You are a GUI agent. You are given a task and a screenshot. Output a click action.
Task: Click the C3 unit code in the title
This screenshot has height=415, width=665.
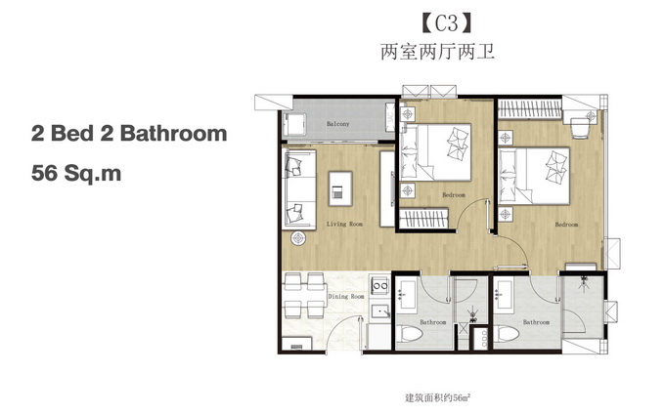[447, 23]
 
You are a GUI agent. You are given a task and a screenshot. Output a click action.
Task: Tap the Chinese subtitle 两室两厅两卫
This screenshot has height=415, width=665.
[437, 52]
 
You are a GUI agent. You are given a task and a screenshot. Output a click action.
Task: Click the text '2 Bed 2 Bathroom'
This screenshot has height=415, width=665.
[129, 134]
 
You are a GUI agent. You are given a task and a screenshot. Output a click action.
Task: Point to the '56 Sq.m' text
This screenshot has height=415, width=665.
[76, 173]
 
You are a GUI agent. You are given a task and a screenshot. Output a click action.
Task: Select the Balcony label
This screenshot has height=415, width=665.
[338, 124]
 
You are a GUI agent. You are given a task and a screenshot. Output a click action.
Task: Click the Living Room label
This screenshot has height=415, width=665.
[344, 224]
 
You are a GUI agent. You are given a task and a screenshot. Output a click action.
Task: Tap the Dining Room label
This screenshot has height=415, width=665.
[346, 297]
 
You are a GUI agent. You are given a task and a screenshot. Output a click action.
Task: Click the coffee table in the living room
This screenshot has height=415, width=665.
[340, 188]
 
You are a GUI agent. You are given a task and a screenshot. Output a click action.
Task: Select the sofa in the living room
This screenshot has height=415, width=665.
[299, 189]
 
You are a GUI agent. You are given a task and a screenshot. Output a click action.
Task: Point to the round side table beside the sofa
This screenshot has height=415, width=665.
[299, 238]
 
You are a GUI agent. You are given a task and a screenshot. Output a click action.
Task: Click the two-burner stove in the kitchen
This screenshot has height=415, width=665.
[379, 286]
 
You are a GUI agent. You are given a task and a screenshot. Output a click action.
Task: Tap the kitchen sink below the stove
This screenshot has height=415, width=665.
[380, 311]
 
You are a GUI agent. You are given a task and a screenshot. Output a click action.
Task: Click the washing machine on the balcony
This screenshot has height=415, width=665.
[294, 124]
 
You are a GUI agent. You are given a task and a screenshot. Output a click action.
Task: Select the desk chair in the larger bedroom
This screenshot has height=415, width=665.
[580, 128]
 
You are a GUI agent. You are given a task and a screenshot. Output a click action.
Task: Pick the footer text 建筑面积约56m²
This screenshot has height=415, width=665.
[438, 398]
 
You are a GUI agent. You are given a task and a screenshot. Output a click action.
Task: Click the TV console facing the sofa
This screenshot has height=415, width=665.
[387, 188]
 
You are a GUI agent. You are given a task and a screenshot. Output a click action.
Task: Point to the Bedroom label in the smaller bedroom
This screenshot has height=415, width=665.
[454, 194]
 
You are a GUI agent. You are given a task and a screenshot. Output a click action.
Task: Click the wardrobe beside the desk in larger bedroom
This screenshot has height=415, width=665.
[530, 108]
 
